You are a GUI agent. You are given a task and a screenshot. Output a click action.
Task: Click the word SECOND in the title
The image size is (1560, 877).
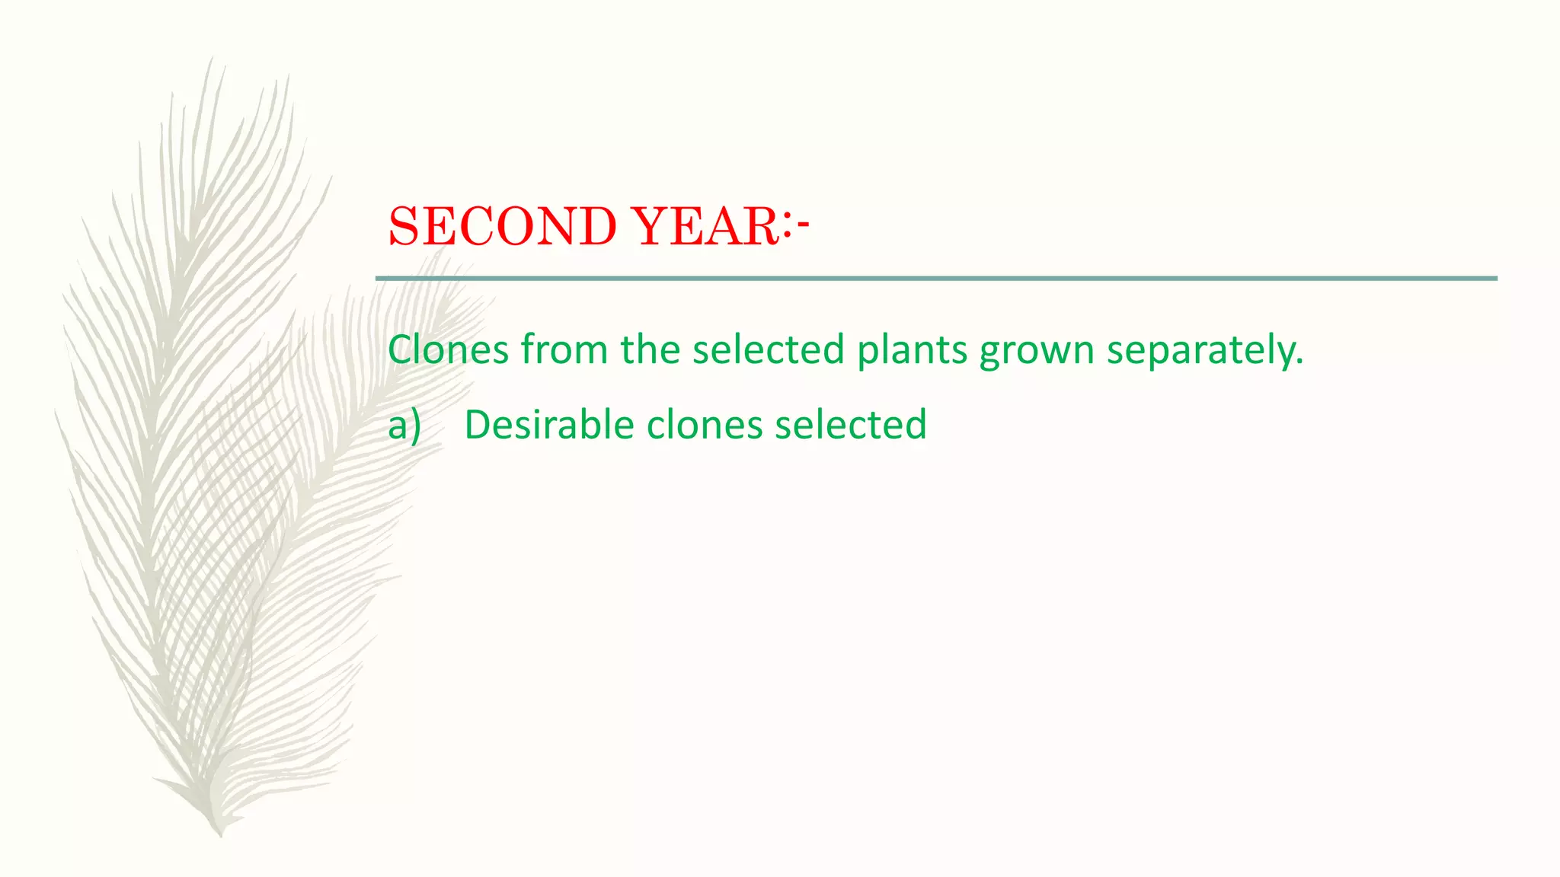pyautogui.click(x=502, y=227)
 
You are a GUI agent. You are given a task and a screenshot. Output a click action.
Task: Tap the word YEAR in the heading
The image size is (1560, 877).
pyautogui.click(x=705, y=227)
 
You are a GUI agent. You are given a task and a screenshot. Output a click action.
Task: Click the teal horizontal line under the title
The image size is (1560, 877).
pyautogui.click(x=936, y=279)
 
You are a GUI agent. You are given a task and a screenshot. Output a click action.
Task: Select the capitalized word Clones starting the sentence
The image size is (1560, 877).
pyautogui.click(x=448, y=350)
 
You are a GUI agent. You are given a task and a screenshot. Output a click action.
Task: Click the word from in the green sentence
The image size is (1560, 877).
pyautogui.click(x=564, y=350)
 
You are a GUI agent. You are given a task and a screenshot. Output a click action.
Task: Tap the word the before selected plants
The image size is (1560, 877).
pyautogui.click(x=650, y=350)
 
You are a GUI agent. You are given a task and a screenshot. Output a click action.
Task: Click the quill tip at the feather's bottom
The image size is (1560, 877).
pyautogui.click(x=220, y=834)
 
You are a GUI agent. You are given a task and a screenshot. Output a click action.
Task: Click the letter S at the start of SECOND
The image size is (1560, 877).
pyautogui.click(x=404, y=227)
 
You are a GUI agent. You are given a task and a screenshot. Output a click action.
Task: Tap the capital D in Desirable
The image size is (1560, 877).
pyautogui.click(x=478, y=425)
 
